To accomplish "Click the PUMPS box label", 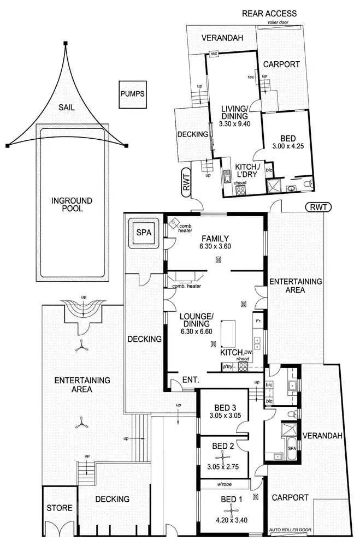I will click(133, 93).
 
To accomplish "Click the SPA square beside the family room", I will click(144, 232).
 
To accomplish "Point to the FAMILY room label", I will click(216, 238).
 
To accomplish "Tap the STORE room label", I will click(59, 508).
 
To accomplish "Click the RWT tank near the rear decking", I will click(186, 182).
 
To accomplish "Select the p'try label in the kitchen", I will click(228, 367).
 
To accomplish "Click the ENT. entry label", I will click(190, 379).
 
